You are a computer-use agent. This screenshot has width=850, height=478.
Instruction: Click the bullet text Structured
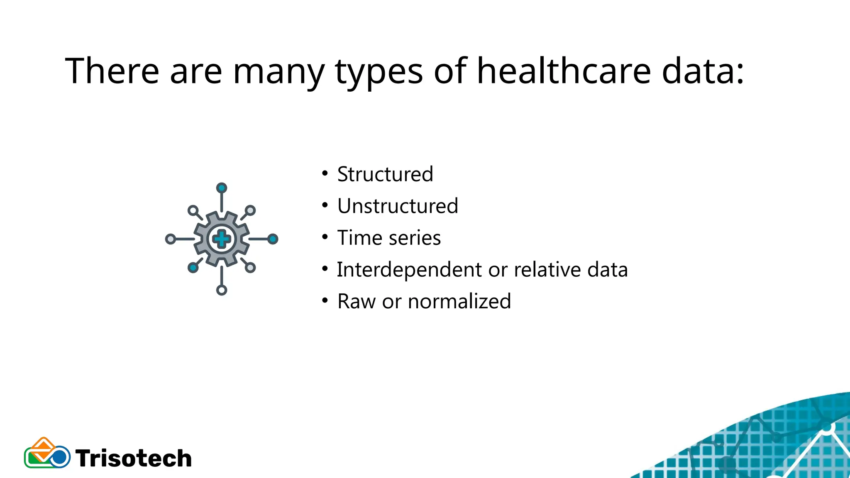click(x=385, y=174)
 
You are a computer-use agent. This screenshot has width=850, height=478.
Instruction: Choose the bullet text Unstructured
click(x=398, y=206)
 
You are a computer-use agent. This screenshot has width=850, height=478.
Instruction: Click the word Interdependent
click(x=409, y=270)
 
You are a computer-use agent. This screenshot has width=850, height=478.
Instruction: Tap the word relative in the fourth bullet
click(x=547, y=270)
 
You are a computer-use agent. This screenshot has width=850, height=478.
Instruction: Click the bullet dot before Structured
click(x=325, y=173)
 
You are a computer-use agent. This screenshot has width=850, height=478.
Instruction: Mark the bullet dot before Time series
click(x=325, y=237)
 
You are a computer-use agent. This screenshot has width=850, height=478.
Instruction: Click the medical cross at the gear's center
click(x=222, y=239)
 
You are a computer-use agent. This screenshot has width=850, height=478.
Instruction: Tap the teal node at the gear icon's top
click(x=222, y=188)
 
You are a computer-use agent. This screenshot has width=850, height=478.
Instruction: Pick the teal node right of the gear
click(x=273, y=239)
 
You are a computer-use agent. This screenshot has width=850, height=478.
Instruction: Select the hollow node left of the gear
click(x=170, y=239)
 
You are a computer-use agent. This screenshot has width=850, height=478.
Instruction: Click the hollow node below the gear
click(x=222, y=290)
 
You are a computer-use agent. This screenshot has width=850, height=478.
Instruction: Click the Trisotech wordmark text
click(x=134, y=458)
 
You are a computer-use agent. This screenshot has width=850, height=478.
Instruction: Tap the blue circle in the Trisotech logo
click(x=60, y=457)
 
